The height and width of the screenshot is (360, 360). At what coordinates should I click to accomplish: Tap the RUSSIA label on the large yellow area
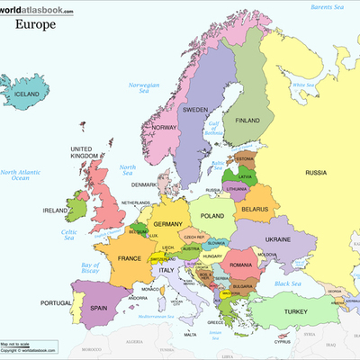click(x=316, y=172)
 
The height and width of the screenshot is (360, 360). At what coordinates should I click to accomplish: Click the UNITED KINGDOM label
click(x=81, y=153)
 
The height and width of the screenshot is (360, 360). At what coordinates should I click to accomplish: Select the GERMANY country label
click(x=168, y=224)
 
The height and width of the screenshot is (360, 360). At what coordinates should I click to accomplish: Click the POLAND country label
click(x=211, y=217)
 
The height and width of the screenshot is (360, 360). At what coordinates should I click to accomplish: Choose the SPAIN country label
click(x=98, y=307)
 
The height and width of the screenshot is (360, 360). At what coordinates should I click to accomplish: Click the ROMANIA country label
click(x=241, y=265)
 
